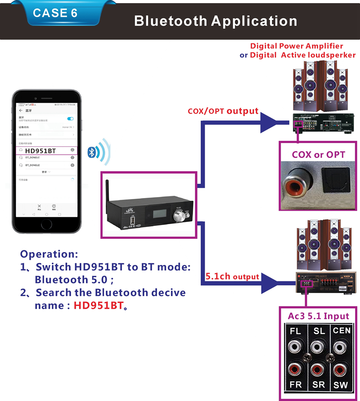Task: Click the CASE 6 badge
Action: [x=55, y=13]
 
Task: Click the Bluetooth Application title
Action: [x=216, y=21]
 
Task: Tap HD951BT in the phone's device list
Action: [x=40, y=151]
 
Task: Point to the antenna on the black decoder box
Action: [x=108, y=191]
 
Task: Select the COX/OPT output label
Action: [x=223, y=111]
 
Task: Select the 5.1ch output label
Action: [x=232, y=276]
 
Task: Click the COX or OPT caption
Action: [x=319, y=154]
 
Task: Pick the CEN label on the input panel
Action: [x=342, y=331]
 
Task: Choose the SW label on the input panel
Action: [x=341, y=386]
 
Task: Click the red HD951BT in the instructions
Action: [x=98, y=306]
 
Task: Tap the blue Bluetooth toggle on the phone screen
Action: [x=70, y=118]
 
